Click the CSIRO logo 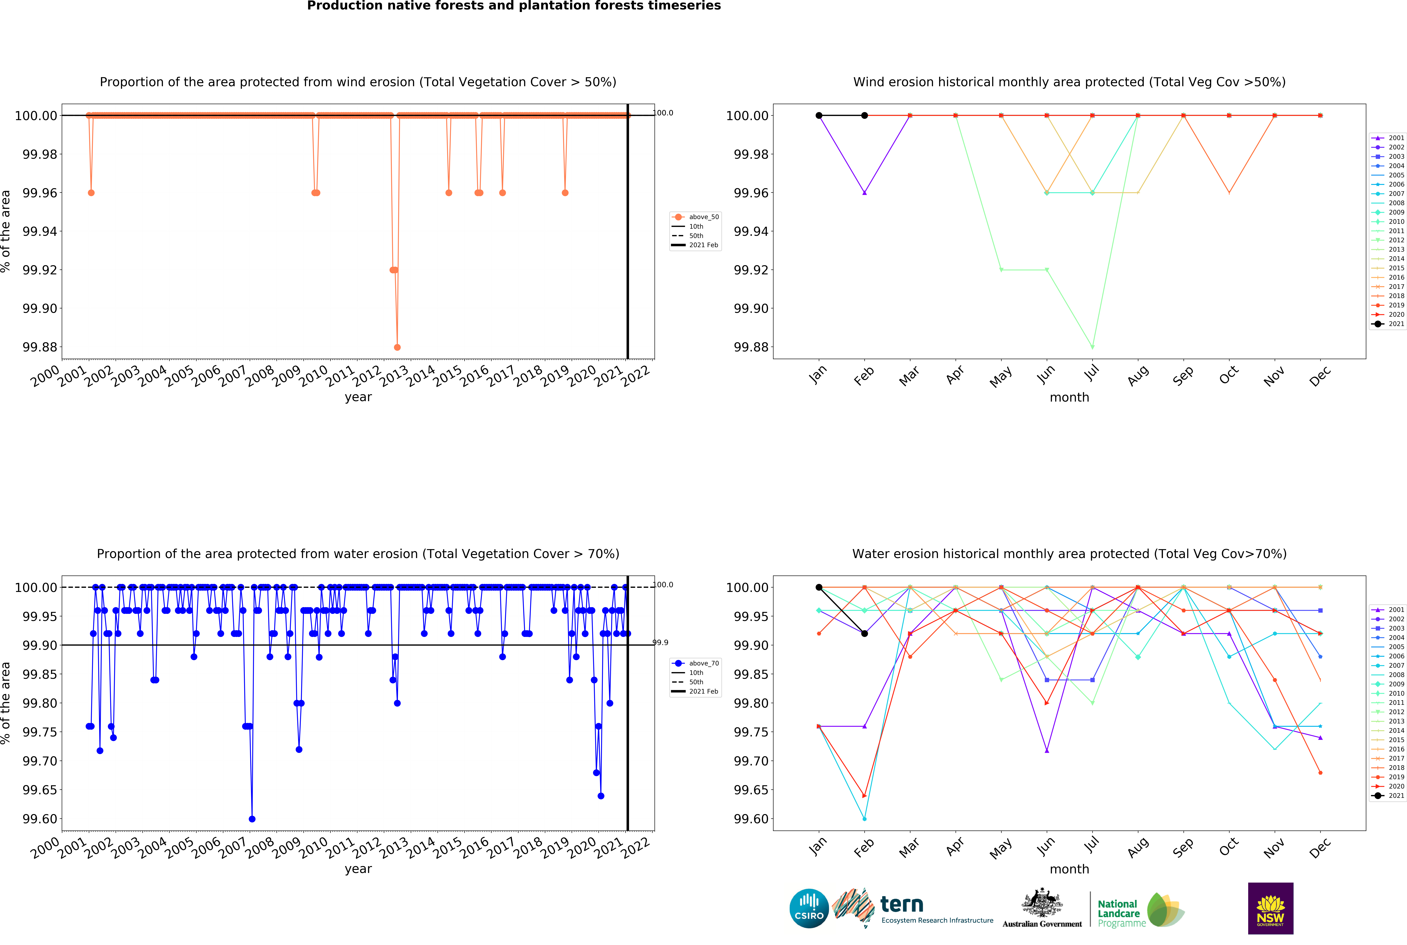(x=809, y=908)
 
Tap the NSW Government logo (x=1270, y=908)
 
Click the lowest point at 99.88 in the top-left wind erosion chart (x=397, y=347)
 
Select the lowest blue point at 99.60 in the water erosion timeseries (x=252, y=819)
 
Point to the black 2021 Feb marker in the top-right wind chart (x=864, y=116)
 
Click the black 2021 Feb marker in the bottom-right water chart (x=864, y=633)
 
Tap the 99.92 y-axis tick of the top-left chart (x=40, y=270)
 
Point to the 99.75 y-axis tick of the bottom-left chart (x=40, y=732)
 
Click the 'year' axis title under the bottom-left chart (x=358, y=869)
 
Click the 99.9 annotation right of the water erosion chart (x=661, y=643)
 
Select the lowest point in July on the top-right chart (x=1092, y=347)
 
